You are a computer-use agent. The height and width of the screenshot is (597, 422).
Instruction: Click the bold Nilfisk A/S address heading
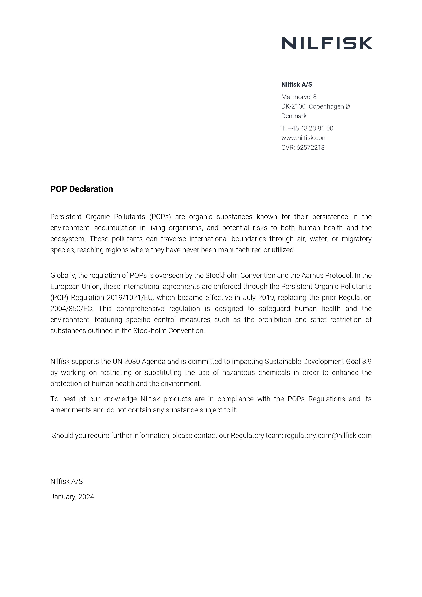coord(296,85)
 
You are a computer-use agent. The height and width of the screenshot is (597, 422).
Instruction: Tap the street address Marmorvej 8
coord(299,97)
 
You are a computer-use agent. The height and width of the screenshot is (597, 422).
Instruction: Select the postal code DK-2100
coord(293,107)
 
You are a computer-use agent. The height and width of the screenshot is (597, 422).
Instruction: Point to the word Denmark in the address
coord(294,116)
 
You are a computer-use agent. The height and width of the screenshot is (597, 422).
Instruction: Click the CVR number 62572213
coord(310,148)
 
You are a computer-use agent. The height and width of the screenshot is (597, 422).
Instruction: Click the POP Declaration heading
coord(82,189)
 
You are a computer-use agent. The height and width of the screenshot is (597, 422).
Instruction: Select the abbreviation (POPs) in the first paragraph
coord(160,217)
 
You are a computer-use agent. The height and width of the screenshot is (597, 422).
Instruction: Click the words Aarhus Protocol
coord(326,275)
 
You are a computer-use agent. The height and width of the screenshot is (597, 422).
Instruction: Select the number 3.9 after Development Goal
coord(367,362)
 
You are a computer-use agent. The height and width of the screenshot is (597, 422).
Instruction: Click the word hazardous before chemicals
coord(238,373)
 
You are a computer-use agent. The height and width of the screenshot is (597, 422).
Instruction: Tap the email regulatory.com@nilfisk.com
coord(328,436)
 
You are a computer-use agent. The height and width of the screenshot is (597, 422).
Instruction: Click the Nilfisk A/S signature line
coord(67,481)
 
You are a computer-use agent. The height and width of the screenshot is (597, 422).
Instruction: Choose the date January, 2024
coord(72,497)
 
